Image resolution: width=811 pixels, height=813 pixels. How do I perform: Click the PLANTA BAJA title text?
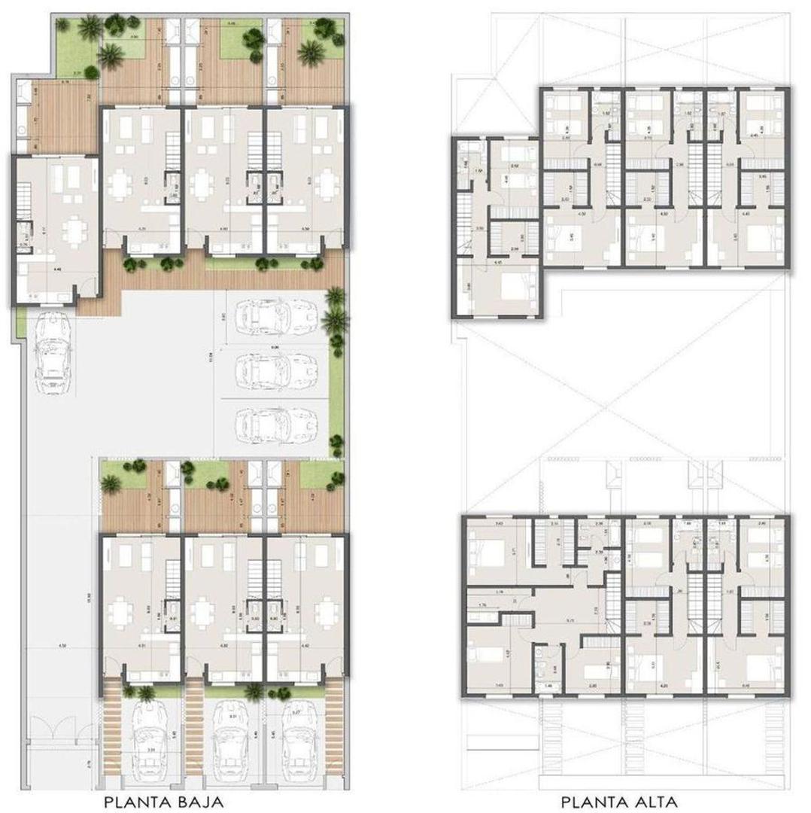coord(164,801)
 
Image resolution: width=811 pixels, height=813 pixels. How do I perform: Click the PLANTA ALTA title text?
coord(624,801)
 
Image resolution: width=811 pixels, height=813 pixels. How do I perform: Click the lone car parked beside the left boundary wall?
coord(50,355)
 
